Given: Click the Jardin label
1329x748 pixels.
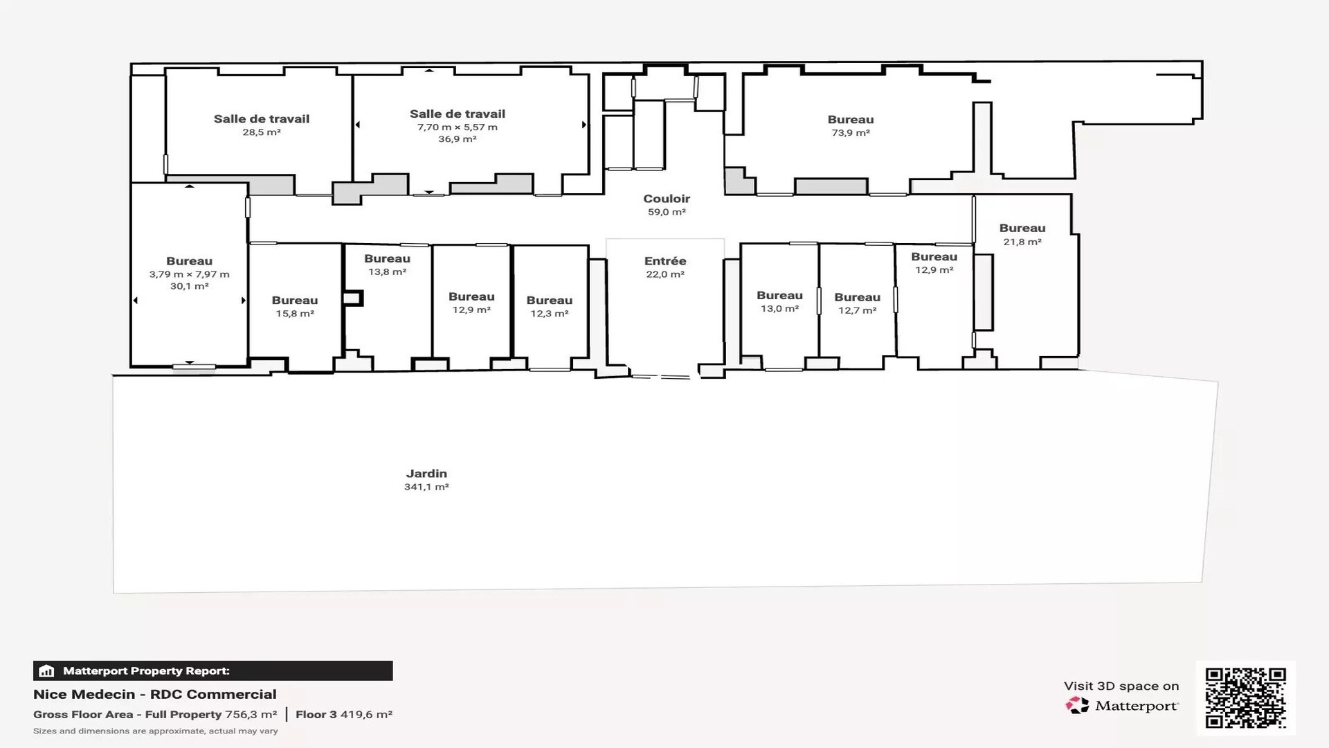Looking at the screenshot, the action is pos(426,474).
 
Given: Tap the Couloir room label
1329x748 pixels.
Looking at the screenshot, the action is pos(667,199).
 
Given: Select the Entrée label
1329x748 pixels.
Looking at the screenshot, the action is pos(665,261).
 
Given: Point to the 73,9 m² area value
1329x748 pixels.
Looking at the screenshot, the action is pos(851,133).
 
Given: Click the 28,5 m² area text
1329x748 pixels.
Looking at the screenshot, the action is pos(262,132).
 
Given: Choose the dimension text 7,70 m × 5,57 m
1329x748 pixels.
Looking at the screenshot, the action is pos(458,127).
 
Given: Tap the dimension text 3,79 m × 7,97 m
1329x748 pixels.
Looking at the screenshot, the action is pos(189,274).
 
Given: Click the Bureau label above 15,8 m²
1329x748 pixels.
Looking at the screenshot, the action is pos(295,301).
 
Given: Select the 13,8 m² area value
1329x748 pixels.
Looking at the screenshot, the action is pos(387,272).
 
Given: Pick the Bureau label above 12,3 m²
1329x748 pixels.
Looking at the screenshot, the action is pos(550,301).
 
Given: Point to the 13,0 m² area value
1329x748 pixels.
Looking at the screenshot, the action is pos(780,309).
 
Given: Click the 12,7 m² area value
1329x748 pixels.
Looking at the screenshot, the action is pos(858,310).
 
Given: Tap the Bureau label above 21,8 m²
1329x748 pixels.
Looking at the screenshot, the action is pos(1022,229).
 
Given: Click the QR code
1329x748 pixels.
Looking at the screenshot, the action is pos(1246,697).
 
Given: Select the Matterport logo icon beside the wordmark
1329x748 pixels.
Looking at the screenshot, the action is pos(1077,706).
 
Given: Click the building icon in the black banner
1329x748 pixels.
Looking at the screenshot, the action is pos(47,670).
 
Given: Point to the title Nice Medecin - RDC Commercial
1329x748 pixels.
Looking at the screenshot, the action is pos(155,694).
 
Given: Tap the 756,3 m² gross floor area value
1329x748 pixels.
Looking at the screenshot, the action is pos(251,714).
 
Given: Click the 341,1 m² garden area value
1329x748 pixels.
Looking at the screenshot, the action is pos(426,487).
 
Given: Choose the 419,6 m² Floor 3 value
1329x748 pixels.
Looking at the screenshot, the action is pos(366,714).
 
